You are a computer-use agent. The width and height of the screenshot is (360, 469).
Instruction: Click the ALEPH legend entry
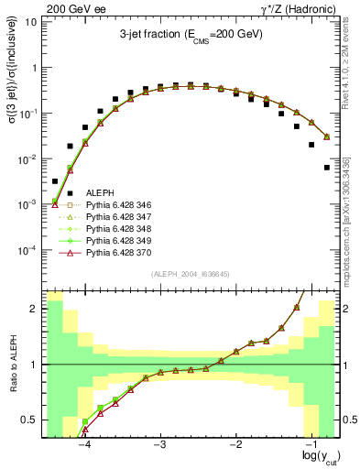pyautogui.click(x=99, y=191)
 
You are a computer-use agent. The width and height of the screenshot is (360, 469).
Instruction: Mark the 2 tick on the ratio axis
pyautogui.click(x=35, y=309)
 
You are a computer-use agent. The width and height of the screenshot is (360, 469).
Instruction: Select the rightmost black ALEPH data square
pyautogui.click(x=327, y=168)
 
